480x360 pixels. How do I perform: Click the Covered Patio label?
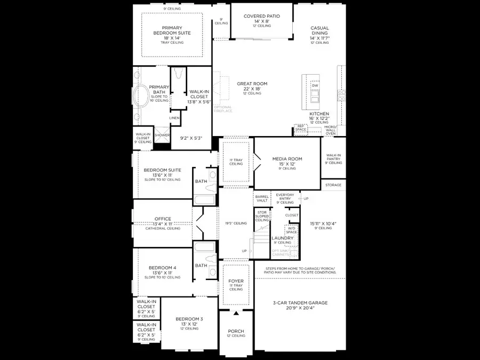(x=261, y=17)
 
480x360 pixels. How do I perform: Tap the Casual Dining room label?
(x=320, y=31)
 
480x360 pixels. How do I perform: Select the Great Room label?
(x=252, y=84)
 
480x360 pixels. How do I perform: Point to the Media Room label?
(x=287, y=159)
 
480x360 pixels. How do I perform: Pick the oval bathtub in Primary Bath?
(x=142, y=98)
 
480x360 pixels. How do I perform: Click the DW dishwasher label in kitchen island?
(x=315, y=85)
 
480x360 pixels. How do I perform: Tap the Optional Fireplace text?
(x=222, y=109)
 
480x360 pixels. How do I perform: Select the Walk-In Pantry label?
(x=333, y=156)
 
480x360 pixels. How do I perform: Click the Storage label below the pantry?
(x=333, y=185)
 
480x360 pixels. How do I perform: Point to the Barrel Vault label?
(x=262, y=198)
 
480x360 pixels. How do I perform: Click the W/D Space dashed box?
(x=291, y=230)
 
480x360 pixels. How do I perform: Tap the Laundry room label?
(x=283, y=238)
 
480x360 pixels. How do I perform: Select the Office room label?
(x=163, y=219)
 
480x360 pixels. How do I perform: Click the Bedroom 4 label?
(x=162, y=268)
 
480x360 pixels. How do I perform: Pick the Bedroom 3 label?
(x=189, y=319)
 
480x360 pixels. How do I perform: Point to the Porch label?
(x=235, y=331)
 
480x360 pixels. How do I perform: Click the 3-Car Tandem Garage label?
(x=300, y=303)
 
